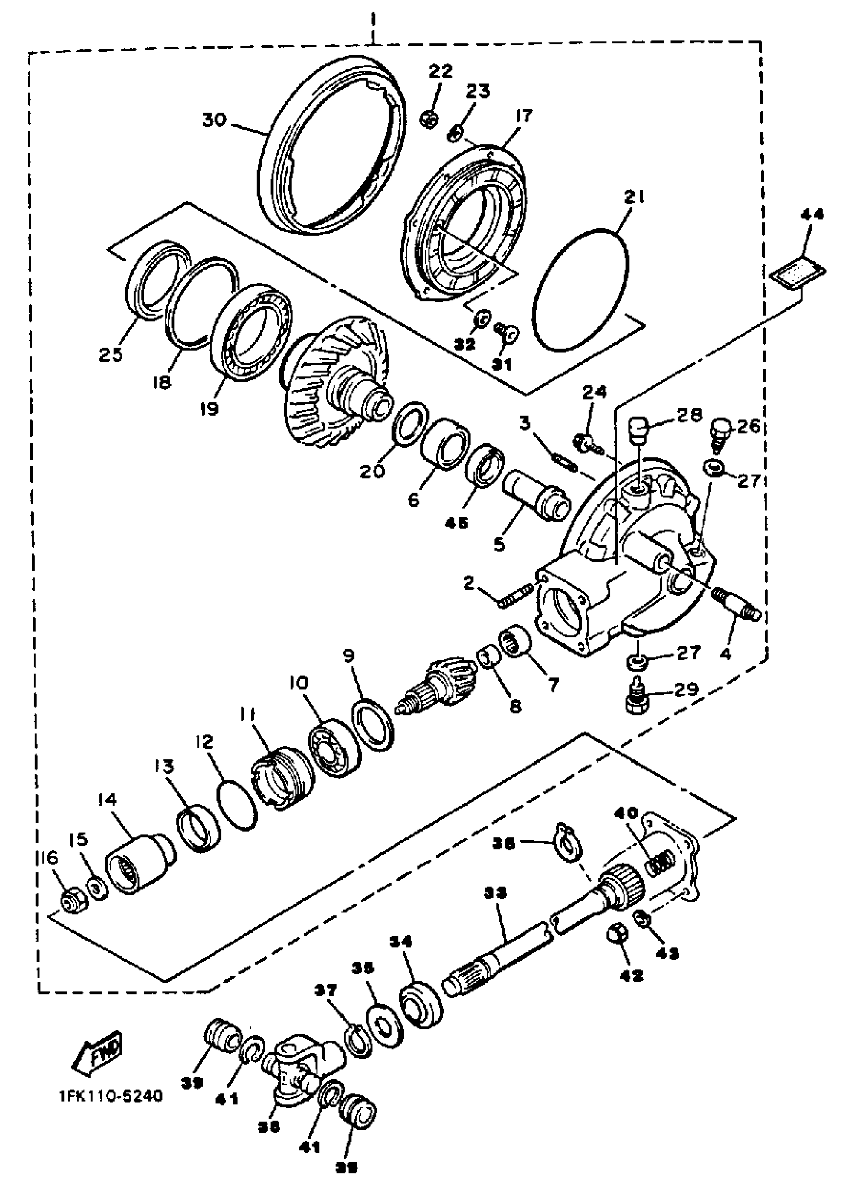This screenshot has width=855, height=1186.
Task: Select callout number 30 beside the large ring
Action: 215,120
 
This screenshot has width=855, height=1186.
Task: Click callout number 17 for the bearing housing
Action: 523,115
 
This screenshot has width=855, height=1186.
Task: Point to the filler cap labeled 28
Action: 639,430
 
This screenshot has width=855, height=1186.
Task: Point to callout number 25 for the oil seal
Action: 111,355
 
